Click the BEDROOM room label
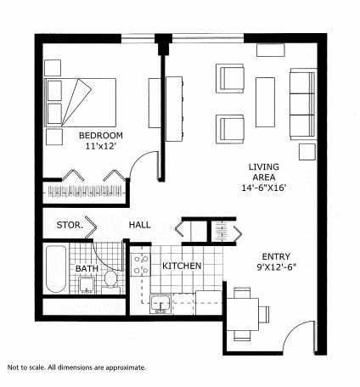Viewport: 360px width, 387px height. click(x=101, y=136)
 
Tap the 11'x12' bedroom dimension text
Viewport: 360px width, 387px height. click(x=101, y=147)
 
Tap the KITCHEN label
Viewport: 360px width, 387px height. click(x=182, y=266)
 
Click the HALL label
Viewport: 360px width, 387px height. click(x=139, y=226)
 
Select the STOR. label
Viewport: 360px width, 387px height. click(x=69, y=226)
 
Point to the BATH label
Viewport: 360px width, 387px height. click(x=87, y=270)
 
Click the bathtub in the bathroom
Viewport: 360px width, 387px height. click(x=56, y=269)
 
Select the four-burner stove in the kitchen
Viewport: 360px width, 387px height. click(x=140, y=265)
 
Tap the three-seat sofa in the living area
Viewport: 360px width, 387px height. click(x=302, y=104)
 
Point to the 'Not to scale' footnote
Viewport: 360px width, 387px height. click(x=76, y=367)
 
